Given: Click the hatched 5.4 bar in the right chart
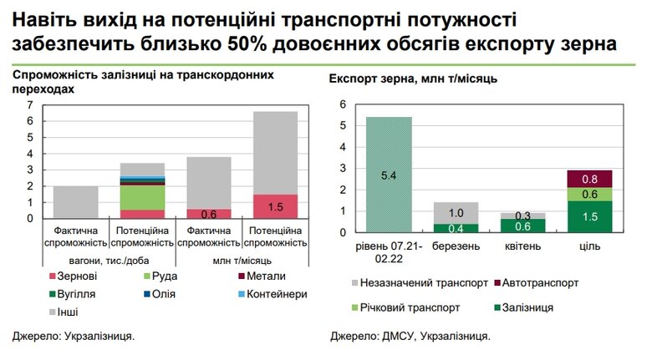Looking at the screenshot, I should click(389, 176).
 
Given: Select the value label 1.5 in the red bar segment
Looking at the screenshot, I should click(275, 207).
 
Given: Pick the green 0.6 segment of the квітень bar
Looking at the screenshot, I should click(524, 226).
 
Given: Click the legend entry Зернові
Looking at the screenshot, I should click(83, 276).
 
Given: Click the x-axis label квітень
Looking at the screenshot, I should click(524, 247).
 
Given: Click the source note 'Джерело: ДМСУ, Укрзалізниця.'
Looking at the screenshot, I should click(410, 337).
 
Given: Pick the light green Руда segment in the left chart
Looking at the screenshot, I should click(143, 196).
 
